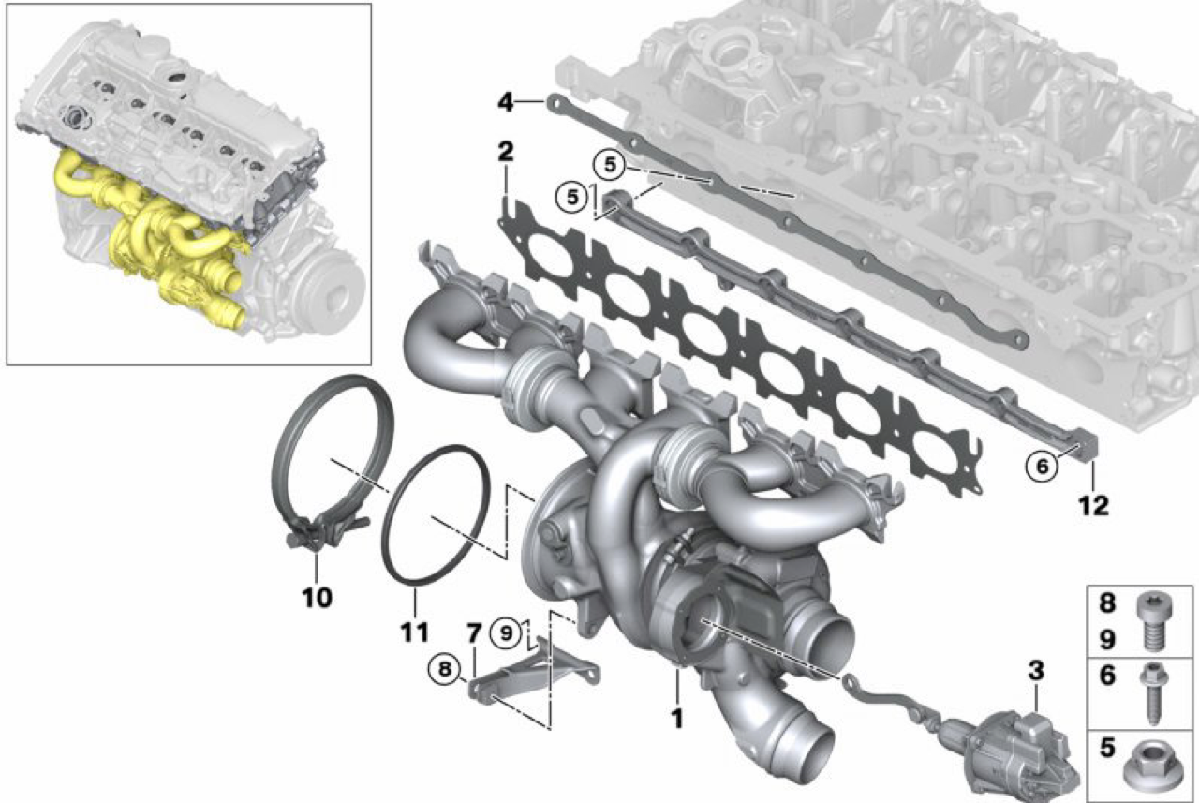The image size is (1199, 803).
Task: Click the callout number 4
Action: tap(506, 102)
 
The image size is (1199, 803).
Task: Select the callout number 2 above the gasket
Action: tap(506, 152)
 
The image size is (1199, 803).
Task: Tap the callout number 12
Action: tap(1093, 505)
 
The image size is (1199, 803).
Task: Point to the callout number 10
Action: tap(318, 598)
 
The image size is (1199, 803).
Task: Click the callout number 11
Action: tap(415, 632)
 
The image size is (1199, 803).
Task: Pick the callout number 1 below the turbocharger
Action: tap(677, 719)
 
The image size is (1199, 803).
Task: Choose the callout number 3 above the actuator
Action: tap(1036, 670)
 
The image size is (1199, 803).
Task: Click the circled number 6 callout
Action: tap(1042, 467)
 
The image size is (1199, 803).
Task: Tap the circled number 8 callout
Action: tap(445, 669)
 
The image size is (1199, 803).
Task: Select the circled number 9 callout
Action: tap(506, 633)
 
